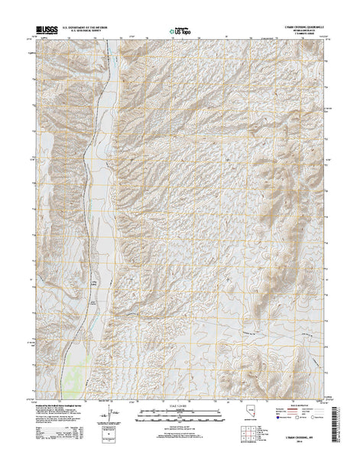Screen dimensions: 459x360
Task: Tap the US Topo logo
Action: [x=179, y=32]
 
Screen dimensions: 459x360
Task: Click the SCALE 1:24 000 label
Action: [x=179, y=405]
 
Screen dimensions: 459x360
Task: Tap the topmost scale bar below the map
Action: [x=179, y=411]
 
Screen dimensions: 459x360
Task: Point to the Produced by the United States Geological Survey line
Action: [x=61, y=406]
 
